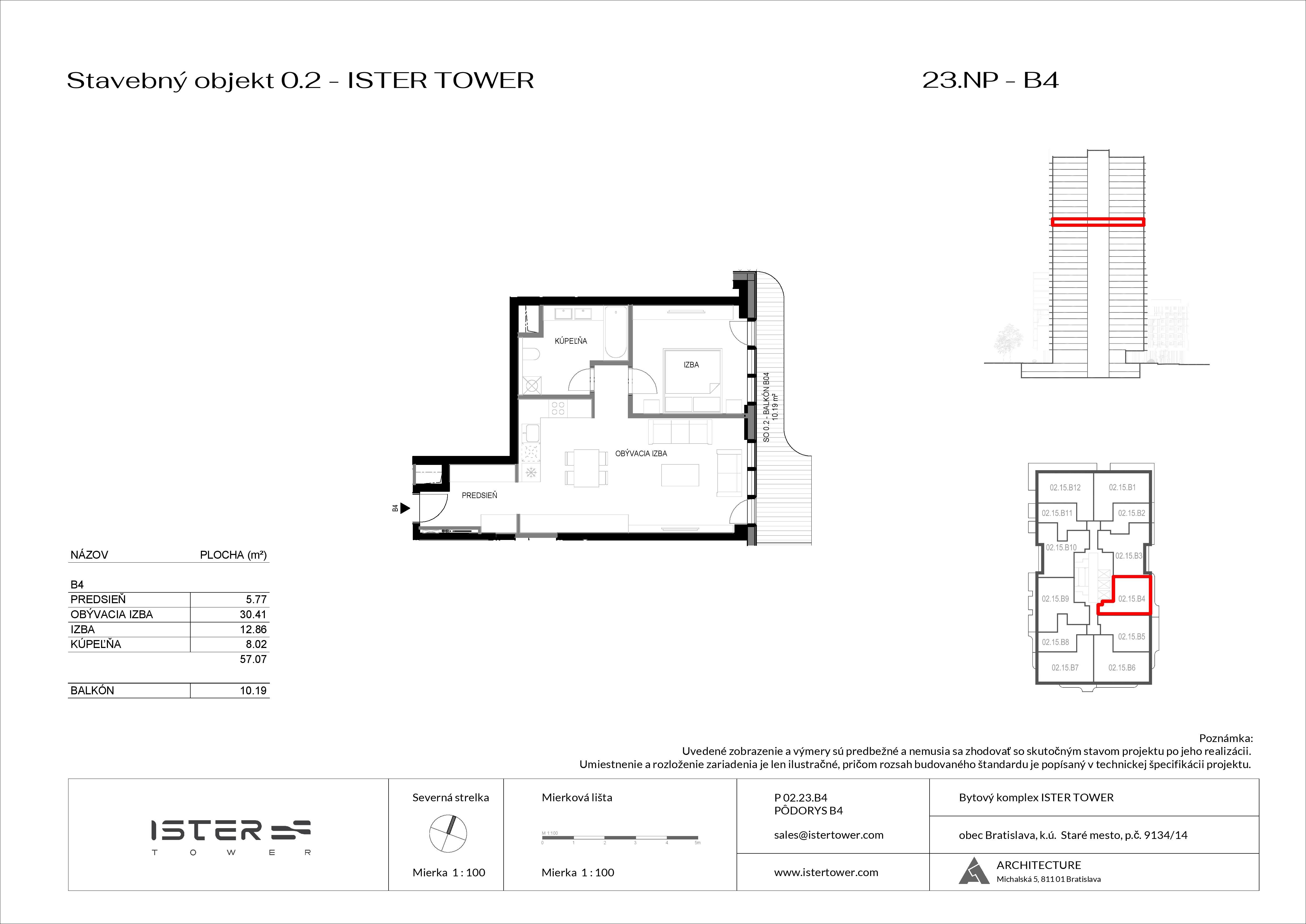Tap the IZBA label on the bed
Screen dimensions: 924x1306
(x=691, y=365)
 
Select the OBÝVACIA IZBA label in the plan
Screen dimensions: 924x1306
(x=641, y=454)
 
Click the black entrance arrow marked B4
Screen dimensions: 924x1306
(x=404, y=508)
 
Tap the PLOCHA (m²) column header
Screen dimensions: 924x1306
(x=233, y=555)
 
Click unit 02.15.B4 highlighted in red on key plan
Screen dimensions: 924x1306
(x=1131, y=598)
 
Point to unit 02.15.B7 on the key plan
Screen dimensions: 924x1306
(x=1064, y=667)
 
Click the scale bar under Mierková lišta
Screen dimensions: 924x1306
(x=620, y=838)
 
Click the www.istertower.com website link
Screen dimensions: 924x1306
(x=826, y=872)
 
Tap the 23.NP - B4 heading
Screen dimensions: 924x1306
(x=990, y=80)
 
